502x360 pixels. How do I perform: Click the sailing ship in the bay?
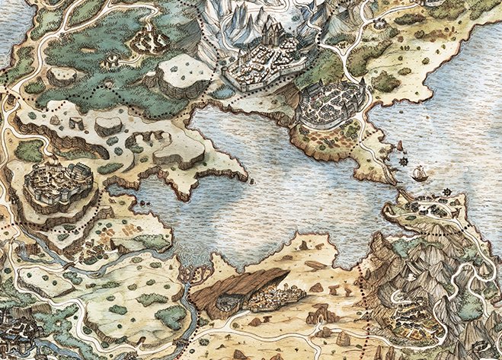tap(419, 174)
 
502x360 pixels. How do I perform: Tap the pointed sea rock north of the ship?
tap(401, 144)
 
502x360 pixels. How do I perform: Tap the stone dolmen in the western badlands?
tap(76, 122)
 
